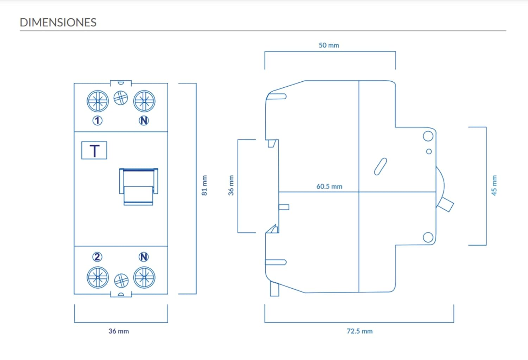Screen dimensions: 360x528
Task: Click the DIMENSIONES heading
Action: click(58, 23)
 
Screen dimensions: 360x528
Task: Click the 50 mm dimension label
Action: click(329, 45)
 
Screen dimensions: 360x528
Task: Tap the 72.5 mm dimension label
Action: click(359, 331)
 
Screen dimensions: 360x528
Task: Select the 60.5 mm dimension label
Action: click(329, 186)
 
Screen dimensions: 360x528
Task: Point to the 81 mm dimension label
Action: click(205, 185)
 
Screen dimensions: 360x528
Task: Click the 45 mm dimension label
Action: click(494, 185)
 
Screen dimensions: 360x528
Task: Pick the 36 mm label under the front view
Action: click(119, 331)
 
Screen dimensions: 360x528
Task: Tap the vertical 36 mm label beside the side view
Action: click(231, 185)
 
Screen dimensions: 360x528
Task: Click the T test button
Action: click(94, 151)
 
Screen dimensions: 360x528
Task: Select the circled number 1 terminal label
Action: click(98, 120)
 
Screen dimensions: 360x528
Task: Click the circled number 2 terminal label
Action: click(98, 257)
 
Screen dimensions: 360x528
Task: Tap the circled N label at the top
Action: click(144, 120)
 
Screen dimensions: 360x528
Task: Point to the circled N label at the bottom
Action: click(144, 257)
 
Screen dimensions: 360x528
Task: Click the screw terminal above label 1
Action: click(98, 101)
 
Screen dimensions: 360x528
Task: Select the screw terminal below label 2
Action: click(98, 277)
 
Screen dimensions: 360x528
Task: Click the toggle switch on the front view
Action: click(138, 187)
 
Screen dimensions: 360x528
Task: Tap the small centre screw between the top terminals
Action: click(121, 98)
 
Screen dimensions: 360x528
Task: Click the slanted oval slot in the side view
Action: click(380, 166)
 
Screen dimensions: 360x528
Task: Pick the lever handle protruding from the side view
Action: click(446, 204)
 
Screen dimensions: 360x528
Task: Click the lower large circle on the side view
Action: click(428, 237)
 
